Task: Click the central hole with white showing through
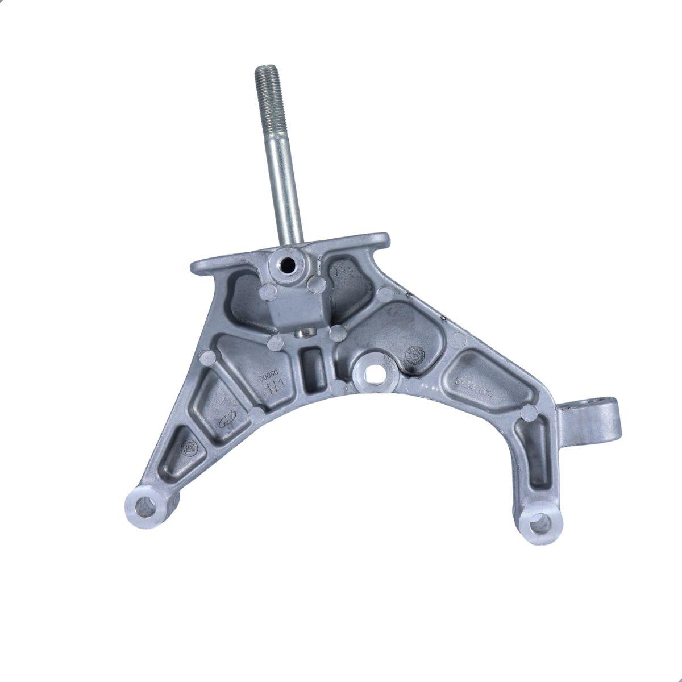[x=373, y=374]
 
